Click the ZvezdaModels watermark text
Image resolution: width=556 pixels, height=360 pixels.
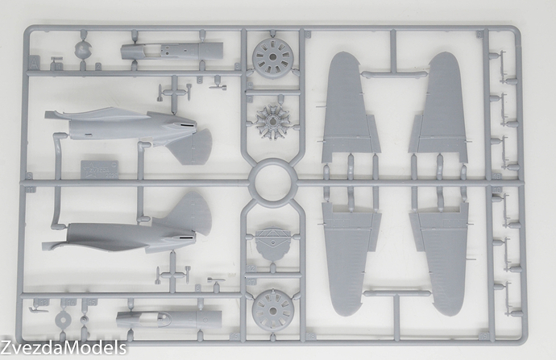pos(64,348)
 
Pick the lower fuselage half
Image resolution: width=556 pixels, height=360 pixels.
pos(121,234)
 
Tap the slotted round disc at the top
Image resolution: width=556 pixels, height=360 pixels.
pos(272,58)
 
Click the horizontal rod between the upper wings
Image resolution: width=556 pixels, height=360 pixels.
pos(394,74)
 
